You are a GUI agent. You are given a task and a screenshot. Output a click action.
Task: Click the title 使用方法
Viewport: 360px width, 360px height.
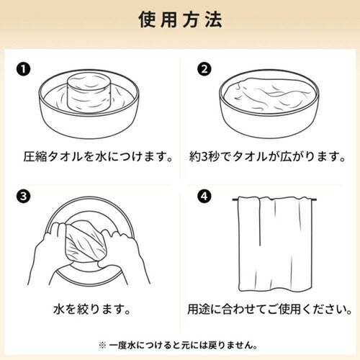coord(180,19)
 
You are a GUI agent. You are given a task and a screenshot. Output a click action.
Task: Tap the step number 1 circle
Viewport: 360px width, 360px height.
coord(23,69)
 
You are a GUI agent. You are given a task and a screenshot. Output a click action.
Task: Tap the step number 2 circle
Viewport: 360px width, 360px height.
coord(204,69)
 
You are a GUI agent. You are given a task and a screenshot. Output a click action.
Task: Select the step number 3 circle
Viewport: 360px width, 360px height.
coord(23,197)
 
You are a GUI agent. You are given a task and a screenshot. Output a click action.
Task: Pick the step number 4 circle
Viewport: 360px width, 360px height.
coord(204,197)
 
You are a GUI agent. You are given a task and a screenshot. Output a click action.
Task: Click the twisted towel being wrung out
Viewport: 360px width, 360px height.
coord(86,243)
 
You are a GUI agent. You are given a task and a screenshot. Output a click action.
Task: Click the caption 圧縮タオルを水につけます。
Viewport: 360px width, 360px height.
coord(98,157)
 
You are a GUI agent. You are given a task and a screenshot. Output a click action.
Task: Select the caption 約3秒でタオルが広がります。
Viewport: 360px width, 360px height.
coord(267,157)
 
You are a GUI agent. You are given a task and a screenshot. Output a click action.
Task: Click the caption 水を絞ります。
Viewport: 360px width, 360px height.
coord(92,309)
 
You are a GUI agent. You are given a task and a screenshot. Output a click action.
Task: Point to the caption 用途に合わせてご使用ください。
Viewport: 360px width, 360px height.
coord(269,309)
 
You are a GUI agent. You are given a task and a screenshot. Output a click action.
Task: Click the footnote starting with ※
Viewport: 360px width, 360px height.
coord(178,346)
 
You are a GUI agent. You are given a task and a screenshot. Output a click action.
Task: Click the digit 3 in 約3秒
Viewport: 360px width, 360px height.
coord(204,157)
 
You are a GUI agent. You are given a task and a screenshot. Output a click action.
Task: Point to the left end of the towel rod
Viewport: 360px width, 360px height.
coord(233,199)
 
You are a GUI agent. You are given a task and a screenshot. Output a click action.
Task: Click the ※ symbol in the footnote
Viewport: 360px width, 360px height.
coord(102,346)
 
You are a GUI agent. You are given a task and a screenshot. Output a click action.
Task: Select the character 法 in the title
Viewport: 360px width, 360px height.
coord(214,19)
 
